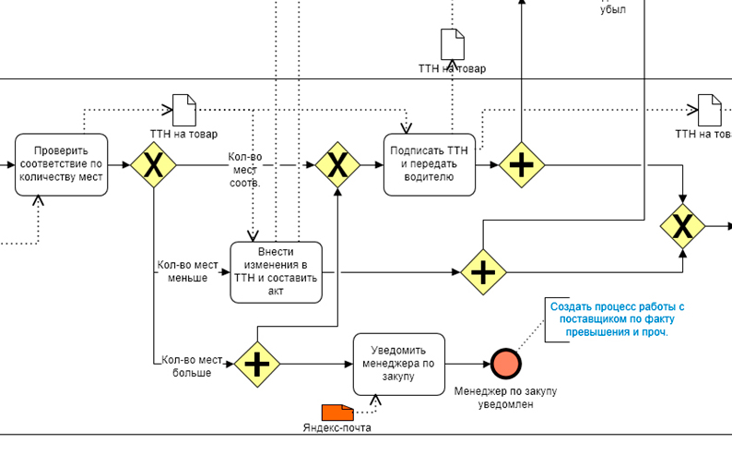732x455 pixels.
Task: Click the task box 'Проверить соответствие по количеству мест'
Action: [x=61, y=164]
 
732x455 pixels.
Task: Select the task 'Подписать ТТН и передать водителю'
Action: [x=430, y=164]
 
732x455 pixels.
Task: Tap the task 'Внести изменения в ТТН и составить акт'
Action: [x=276, y=271]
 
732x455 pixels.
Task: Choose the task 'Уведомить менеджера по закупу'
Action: [x=399, y=363]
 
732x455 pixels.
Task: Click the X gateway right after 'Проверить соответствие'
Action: [x=153, y=165]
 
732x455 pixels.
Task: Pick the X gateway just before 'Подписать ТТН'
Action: [x=338, y=165]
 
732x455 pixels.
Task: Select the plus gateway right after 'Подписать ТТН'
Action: [x=522, y=165]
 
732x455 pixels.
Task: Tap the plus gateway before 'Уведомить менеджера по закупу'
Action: [x=256, y=364]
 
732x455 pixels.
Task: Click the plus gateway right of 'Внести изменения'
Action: [x=483, y=272]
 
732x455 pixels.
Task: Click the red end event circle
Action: [x=505, y=364]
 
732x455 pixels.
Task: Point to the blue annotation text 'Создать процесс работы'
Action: [x=617, y=319]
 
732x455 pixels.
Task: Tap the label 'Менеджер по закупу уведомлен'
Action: [x=505, y=398]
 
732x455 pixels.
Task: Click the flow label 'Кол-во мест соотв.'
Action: [x=245, y=170]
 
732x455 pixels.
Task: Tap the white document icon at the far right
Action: [x=709, y=111]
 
